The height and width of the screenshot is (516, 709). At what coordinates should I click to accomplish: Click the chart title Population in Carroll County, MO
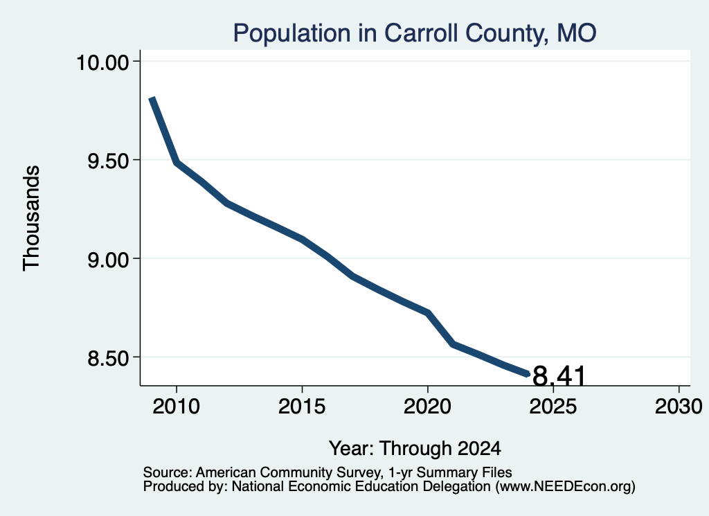(x=415, y=33)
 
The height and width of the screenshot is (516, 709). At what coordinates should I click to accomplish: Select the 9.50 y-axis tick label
(x=108, y=161)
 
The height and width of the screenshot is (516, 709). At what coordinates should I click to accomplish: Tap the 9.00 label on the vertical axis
(x=108, y=259)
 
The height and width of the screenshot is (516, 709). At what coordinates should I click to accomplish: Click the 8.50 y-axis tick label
(x=108, y=357)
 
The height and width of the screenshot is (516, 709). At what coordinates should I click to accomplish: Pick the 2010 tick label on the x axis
(x=176, y=406)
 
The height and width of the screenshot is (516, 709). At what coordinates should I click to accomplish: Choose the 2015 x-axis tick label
(x=302, y=406)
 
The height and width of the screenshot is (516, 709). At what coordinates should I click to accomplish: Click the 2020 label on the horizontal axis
(x=427, y=406)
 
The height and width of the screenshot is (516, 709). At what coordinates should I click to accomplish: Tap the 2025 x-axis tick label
(x=553, y=406)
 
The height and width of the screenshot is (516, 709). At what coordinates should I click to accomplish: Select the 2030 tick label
(x=679, y=406)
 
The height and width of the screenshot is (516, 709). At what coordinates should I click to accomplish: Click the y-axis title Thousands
(x=32, y=218)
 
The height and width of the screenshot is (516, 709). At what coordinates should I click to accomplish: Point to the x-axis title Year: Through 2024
(x=415, y=448)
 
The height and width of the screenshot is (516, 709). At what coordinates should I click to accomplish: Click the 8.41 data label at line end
(x=559, y=376)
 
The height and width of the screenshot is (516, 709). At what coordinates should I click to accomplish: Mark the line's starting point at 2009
(x=152, y=98)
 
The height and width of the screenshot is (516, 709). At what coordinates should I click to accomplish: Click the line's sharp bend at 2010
(x=177, y=162)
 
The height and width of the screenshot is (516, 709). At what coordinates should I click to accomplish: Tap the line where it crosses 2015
(x=302, y=239)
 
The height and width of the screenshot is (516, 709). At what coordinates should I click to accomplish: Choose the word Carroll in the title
(x=420, y=33)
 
